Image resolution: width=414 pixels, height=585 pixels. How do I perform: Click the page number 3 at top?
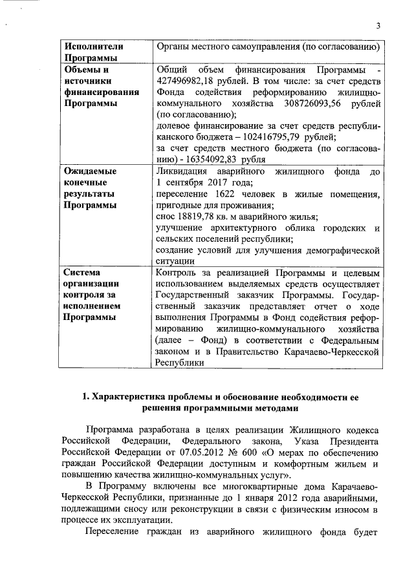(x=378, y=25)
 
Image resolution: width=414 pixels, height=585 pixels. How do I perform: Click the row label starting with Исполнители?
(x=92, y=47)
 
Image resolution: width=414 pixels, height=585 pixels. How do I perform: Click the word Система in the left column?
(x=83, y=273)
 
